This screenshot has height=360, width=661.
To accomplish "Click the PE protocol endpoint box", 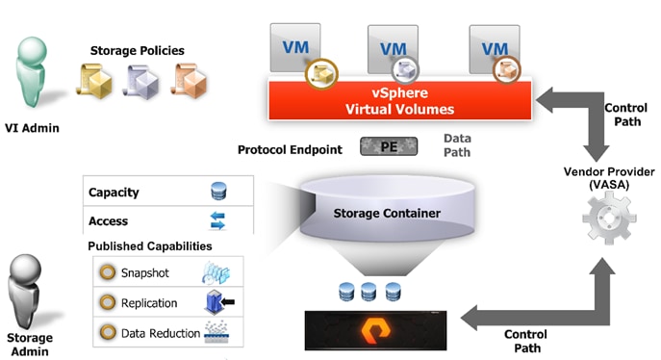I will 389,147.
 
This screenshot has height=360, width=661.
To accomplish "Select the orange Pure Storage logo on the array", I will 380,329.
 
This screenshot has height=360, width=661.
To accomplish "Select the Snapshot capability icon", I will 214,273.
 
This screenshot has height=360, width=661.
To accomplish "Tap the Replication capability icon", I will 217,303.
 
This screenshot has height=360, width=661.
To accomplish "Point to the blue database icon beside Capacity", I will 217,192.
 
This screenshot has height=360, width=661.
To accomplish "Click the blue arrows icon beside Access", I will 217,221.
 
